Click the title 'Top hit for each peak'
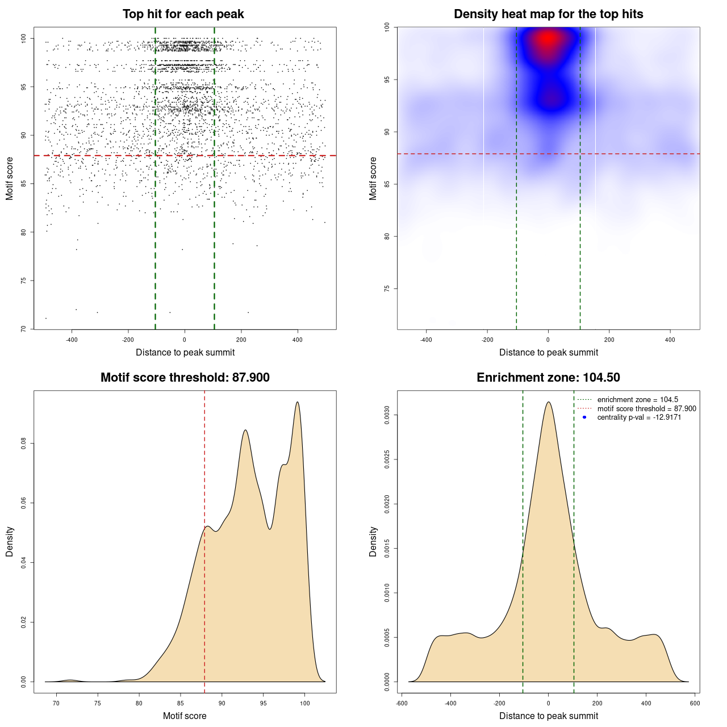click(183, 14)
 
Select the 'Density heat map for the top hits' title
click(548, 14)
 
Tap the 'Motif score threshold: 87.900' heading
click(185, 378)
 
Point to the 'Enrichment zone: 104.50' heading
click(548, 378)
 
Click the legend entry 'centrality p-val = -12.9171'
click(639, 417)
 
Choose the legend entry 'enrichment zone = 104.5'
click(637, 400)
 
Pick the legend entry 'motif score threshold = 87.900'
click(646, 409)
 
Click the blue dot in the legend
click(584, 417)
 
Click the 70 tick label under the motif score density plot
click(56, 704)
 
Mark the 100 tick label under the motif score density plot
click(305, 704)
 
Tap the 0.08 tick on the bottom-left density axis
click(24, 444)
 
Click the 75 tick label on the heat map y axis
click(387, 289)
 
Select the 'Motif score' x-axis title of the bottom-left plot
click(185, 716)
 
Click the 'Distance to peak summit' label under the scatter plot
click(185, 352)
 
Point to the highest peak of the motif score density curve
click(297, 402)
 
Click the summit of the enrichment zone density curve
click(548, 402)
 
